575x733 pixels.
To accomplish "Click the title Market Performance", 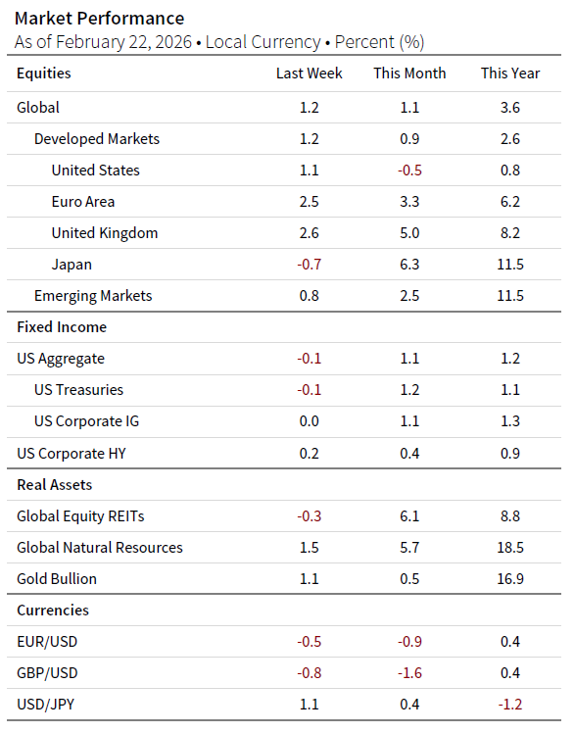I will coord(99,19).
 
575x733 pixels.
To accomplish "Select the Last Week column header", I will coord(309,73).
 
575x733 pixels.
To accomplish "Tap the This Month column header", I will coord(409,73).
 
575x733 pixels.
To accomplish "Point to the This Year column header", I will coord(509,73).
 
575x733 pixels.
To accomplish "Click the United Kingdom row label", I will coord(104,233).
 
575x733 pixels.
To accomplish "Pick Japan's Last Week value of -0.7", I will coord(309,265).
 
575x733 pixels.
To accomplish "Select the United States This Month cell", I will coord(409,171).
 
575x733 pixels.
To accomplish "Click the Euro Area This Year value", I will coord(509,202).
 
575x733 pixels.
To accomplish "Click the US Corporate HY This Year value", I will coord(509,453).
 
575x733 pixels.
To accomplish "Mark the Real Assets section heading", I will coord(55,485).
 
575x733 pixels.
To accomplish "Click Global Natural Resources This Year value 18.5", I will coord(509,548).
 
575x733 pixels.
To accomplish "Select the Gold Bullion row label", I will coord(57,579).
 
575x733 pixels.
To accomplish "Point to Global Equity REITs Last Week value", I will coord(309,516).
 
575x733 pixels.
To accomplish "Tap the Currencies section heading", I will coord(53,611).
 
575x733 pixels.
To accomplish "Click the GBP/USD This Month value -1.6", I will coord(409,673).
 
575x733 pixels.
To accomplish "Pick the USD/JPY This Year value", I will coord(509,705).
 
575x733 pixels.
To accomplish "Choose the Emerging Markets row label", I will coord(93,296).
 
